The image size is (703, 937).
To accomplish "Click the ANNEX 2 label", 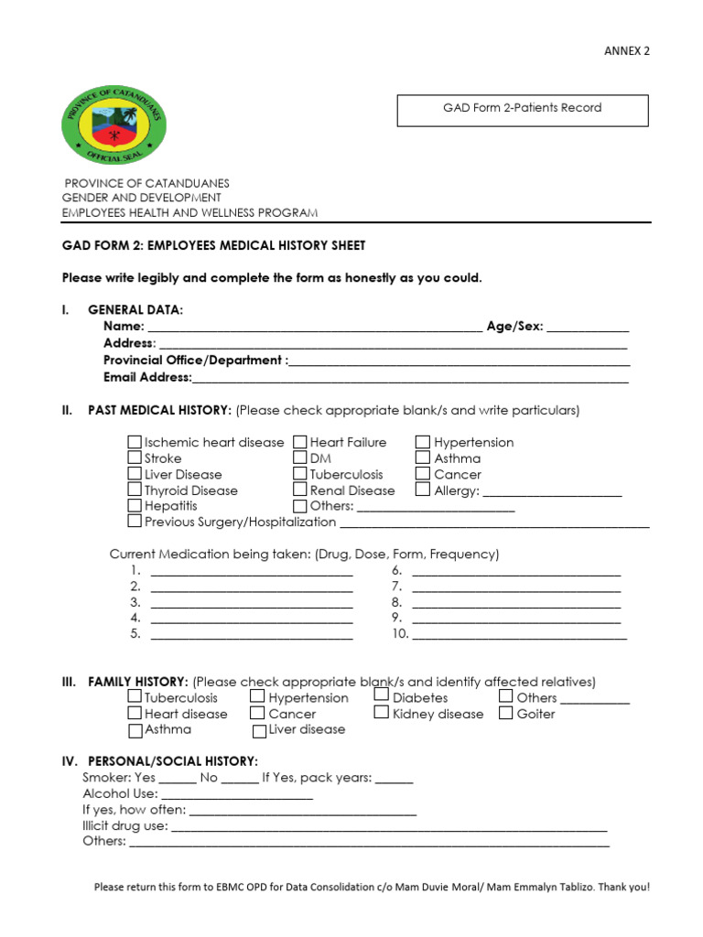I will tap(626, 51).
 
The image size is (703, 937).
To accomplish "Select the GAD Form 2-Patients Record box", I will tap(522, 110).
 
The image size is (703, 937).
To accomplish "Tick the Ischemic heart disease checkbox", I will tap(135, 443).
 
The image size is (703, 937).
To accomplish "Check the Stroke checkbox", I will tap(135, 458).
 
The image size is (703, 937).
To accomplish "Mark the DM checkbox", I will tap(300, 458).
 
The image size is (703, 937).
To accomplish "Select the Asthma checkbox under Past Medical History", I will tap(423, 458).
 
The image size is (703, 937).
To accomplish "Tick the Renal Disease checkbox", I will tap(300, 490).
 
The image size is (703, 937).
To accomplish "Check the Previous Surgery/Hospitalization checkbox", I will tap(135, 522).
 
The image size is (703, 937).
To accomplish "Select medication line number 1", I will tap(252, 572).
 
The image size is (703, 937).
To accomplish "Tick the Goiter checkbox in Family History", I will tap(506, 714).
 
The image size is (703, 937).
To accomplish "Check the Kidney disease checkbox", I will tap(382, 714).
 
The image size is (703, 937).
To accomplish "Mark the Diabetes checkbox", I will tap(382, 696).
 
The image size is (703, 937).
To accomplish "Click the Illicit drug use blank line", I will tap(389, 827).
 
